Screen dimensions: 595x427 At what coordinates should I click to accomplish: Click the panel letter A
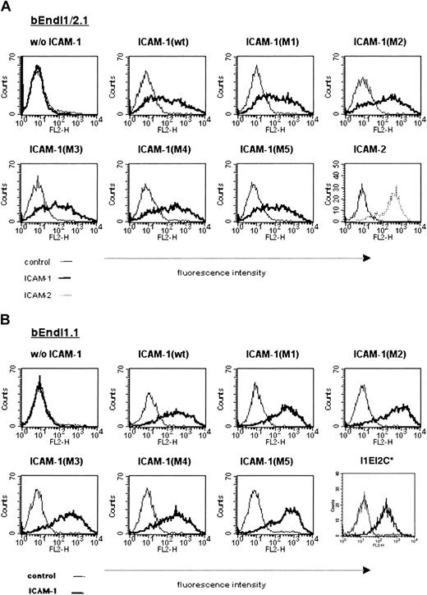7,7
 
